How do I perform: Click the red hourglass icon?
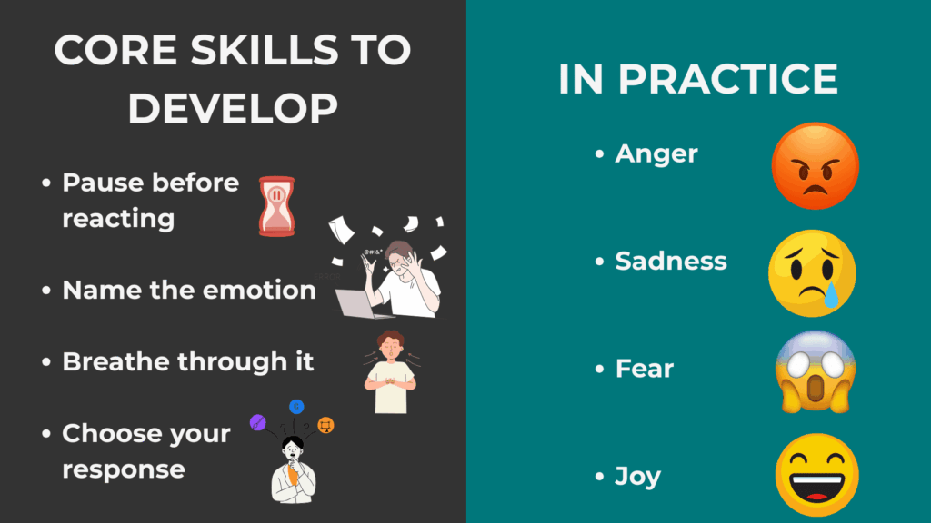276,206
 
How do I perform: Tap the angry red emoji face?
815,166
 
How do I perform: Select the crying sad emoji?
812,272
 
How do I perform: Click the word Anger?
656,153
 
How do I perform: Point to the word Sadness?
671,261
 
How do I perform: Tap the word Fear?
645,369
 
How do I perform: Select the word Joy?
637,477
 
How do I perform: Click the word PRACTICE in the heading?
727,80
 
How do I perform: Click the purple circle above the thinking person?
258,422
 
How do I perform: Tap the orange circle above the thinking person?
326,424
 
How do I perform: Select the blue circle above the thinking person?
296,406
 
